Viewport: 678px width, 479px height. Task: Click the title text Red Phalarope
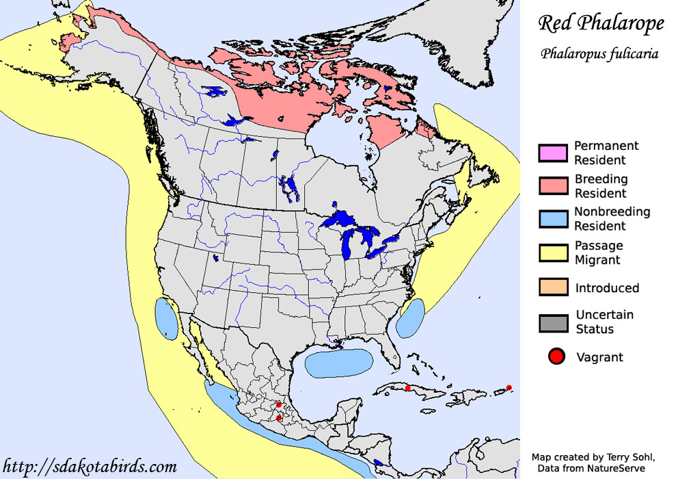click(601, 24)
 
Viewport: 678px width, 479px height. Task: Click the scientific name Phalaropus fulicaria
click(599, 54)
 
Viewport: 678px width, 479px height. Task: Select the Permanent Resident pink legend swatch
click(553, 153)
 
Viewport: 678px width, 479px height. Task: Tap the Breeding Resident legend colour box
click(553, 185)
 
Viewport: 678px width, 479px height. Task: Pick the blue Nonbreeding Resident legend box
click(553, 218)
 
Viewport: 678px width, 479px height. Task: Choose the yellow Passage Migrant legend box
click(553, 253)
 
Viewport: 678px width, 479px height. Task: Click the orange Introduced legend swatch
click(553, 287)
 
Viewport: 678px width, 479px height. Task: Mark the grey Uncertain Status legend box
click(553, 322)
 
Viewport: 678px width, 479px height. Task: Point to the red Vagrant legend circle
click(556, 357)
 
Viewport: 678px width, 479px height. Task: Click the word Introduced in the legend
click(607, 288)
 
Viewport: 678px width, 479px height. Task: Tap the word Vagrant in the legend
click(599, 357)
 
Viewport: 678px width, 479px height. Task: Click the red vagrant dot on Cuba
click(408, 388)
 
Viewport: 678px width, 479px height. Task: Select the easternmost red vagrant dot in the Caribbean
click(509, 388)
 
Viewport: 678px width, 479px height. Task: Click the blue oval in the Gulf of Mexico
click(339, 363)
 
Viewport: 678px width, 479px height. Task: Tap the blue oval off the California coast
click(166, 318)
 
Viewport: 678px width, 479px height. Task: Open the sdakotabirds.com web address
click(90, 467)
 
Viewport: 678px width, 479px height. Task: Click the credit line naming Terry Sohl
click(593, 456)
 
